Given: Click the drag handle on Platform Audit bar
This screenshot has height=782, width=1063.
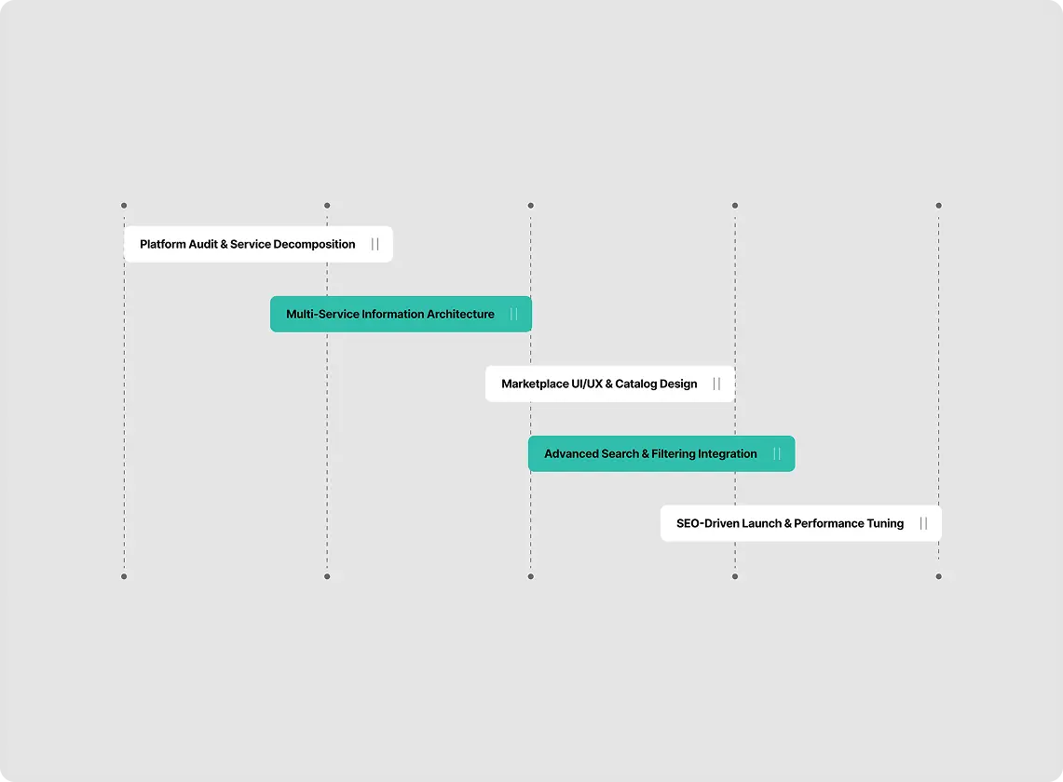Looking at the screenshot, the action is tap(375, 244).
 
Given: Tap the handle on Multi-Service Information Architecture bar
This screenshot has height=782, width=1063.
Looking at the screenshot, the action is tap(514, 314).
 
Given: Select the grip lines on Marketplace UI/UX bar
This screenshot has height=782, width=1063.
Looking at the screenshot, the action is tap(716, 384).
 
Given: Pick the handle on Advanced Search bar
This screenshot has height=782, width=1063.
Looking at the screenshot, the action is tap(777, 453).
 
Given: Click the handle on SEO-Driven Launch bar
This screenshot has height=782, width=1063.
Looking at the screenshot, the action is tap(923, 523).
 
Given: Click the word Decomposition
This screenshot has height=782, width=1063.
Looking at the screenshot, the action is tap(314, 245).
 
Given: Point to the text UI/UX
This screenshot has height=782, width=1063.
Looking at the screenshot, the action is tap(587, 384).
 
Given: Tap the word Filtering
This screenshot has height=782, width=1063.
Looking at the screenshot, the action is tap(674, 454).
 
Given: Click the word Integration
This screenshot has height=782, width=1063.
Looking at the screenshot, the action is tap(728, 454).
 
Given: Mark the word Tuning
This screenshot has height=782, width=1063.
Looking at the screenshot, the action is tap(885, 524).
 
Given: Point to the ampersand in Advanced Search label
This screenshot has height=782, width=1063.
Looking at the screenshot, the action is tap(645, 453).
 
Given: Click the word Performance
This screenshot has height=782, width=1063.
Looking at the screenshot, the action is tap(828, 523).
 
